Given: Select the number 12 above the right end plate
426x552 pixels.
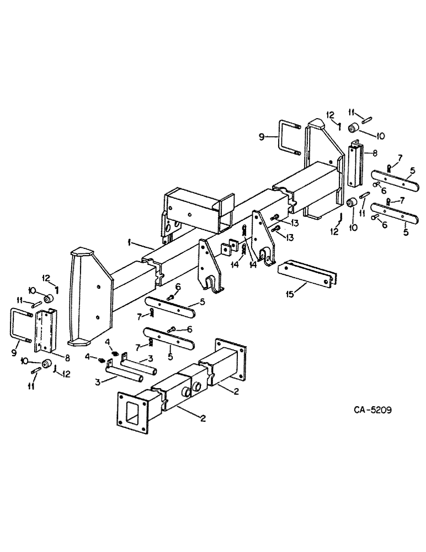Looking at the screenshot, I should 330,114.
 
